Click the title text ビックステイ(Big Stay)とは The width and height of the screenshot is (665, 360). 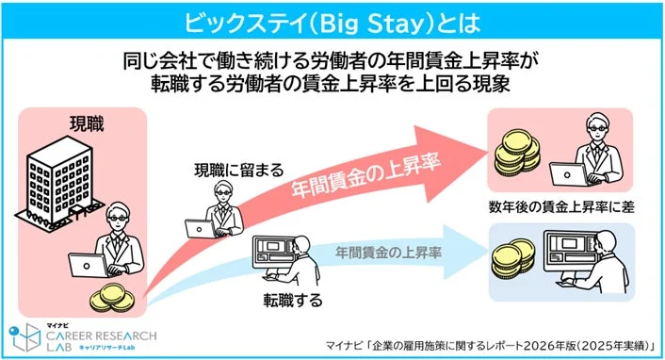click(332, 19)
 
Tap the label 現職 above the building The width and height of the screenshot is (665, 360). click(90, 123)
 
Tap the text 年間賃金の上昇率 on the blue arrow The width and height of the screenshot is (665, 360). click(382, 252)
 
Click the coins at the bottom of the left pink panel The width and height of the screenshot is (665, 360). click(111, 299)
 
